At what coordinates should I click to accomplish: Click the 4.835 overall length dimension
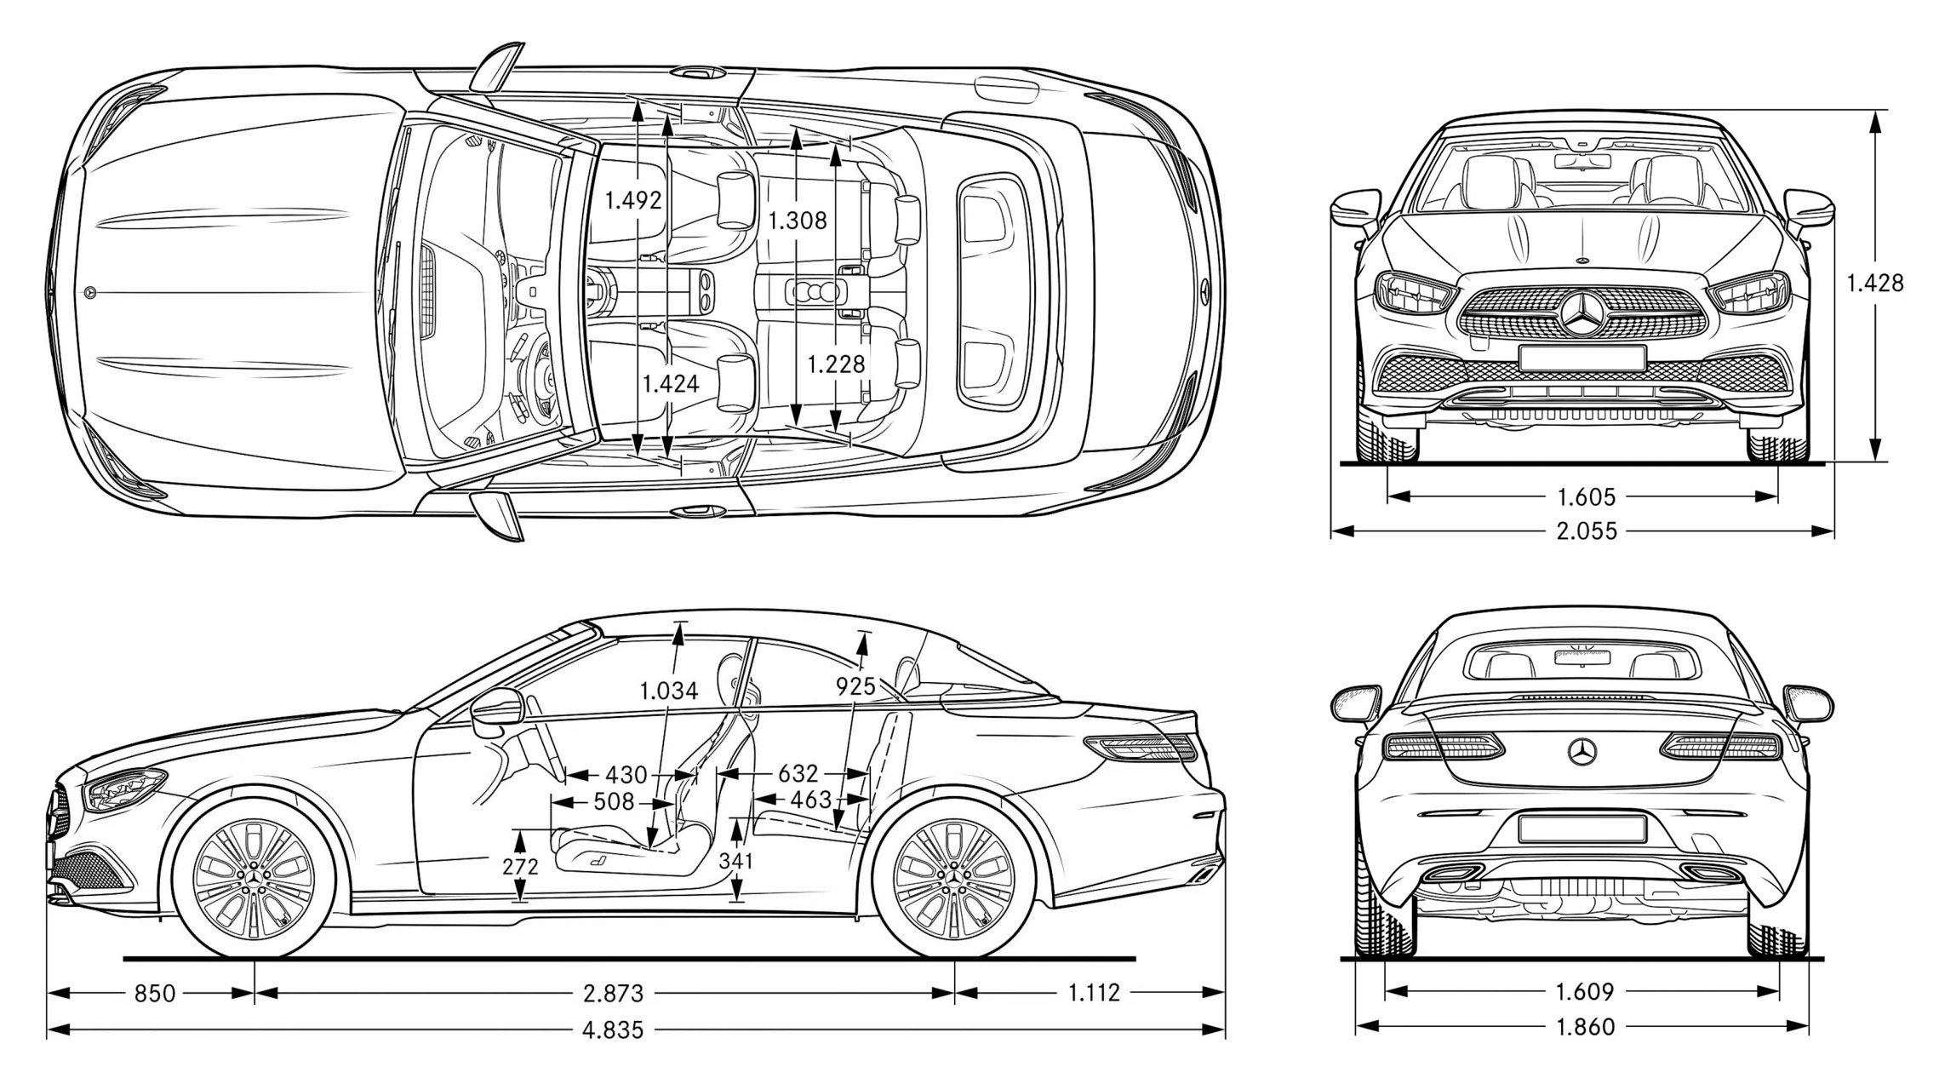613,1030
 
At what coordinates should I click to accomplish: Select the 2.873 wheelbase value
613,993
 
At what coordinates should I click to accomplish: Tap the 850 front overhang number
155,993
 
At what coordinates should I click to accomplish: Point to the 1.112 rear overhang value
1094,993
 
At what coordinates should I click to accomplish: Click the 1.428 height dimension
1874,283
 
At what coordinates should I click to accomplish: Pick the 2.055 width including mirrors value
1586,531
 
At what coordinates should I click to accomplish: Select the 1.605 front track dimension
1586,496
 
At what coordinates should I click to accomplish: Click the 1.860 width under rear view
1585,1027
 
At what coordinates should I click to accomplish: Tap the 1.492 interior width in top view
633,200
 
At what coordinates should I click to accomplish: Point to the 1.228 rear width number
836,364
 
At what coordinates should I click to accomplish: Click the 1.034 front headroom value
669,691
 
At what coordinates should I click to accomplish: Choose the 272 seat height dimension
520,866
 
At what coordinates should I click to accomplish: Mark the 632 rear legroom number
798,773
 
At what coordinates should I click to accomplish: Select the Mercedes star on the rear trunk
1582,752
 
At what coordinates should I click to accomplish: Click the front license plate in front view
1582,358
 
